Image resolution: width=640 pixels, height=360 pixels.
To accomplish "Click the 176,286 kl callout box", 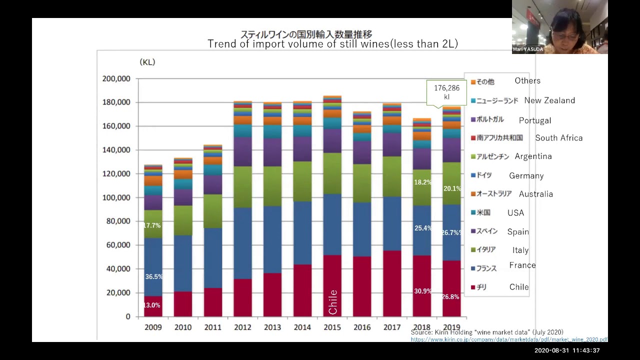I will point(446,92).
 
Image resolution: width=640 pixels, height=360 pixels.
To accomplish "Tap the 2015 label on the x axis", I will point(332,327).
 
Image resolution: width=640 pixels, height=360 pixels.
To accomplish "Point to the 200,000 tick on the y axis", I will point(116,78).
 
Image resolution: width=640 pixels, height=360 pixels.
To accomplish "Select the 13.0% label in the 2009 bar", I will point(152,305).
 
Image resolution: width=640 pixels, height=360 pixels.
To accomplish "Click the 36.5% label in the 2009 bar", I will point(153,276).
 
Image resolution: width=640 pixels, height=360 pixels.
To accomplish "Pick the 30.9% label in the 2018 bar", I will point(423,291).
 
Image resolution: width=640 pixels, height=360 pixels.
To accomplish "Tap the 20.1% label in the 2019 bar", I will point(452,188).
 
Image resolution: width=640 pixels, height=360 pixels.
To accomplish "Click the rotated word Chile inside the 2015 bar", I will point(333,302).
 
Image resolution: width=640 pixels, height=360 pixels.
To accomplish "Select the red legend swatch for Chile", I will point(473,287).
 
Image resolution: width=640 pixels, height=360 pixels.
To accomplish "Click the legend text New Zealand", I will point(549,100).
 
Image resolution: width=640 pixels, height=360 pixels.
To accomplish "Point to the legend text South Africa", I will point(558,138).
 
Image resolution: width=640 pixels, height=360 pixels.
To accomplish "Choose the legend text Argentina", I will point(533,156).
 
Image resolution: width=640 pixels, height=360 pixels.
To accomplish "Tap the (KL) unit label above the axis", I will point(147,62).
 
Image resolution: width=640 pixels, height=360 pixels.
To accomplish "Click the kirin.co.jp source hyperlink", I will point(509,339).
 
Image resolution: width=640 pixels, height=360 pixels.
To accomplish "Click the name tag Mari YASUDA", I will point(527,49).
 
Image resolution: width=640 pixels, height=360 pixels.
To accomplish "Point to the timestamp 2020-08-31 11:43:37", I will point(567,350).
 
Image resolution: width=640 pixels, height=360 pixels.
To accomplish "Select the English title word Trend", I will point(220,44).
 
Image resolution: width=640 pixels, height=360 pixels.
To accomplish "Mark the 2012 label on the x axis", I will point(242,327).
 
